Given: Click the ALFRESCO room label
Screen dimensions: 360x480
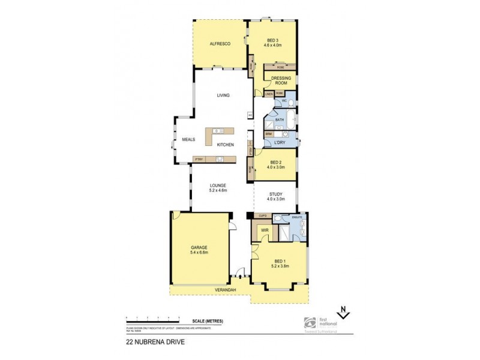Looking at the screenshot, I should tap(216, 44).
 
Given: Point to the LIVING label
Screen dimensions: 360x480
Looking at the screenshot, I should tap(223, 95).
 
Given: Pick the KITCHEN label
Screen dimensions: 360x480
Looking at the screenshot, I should tap(225, 146).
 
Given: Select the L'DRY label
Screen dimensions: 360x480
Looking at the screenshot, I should tap(280, 142).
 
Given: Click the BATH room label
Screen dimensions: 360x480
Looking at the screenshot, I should tap(279, 120).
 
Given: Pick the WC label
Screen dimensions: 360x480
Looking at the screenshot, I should tap(284, 100).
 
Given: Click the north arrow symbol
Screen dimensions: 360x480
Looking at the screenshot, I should tap(343, 312).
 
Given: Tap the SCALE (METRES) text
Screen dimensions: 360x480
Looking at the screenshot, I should tap(208, 322).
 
